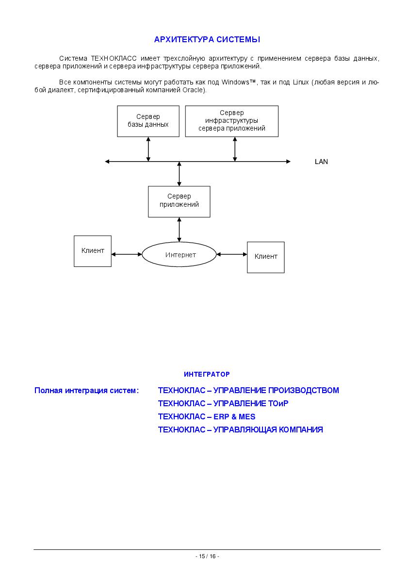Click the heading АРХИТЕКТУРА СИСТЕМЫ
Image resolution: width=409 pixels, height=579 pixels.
[x=207, y=39]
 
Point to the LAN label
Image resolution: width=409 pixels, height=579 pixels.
[x=321, y=162]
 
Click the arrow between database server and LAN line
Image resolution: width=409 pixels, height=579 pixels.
[x=148, y=149]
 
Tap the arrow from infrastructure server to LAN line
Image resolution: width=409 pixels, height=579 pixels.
[x=235, y=149]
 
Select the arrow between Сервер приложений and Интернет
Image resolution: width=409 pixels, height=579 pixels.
[x=180, y=230]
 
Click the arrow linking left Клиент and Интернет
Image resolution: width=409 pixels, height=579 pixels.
[x=127, y=254]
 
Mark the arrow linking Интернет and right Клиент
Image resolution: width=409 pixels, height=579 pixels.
[x=231, y=254]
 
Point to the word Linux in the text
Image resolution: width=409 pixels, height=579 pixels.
[x=301, y=83]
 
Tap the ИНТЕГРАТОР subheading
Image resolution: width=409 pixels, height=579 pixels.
[x=207, y=374]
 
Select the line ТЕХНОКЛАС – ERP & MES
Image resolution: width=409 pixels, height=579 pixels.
[x=207, y=417]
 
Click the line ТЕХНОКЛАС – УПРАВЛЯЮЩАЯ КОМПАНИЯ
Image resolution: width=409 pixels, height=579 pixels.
[x=240, y=430]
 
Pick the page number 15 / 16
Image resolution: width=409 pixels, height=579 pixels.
[x=207, y=557]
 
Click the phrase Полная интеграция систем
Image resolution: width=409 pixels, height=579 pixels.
[x=85, y=391]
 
